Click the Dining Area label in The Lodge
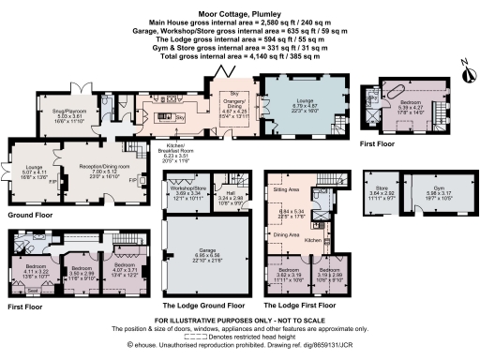285,234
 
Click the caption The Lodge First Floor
301,305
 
